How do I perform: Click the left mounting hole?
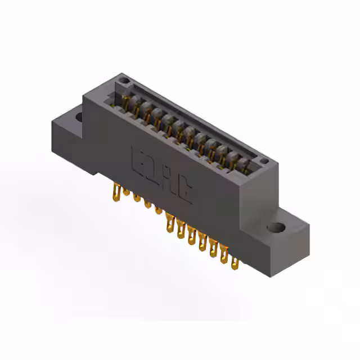(x=79, y=117)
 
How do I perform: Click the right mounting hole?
(x=276, y=228)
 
